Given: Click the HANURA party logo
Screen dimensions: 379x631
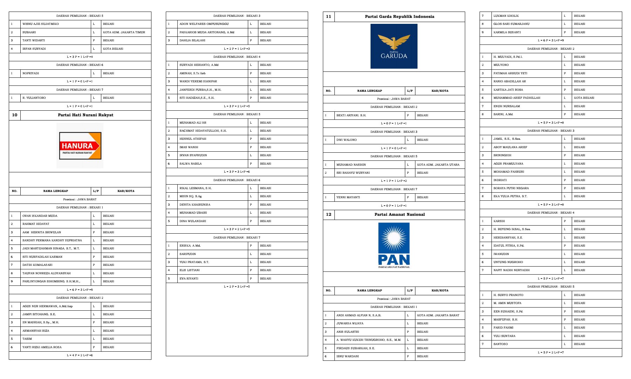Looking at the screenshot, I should coord(80,146).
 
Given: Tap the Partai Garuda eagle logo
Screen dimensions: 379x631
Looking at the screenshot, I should coord(394,46).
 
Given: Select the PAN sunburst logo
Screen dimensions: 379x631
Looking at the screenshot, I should coord(394,245).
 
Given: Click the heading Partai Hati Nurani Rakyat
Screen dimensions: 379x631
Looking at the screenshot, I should coord(86,115).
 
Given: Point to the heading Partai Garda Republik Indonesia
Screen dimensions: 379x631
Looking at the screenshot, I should coord(399,16).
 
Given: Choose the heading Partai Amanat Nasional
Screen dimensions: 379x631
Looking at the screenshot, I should coord(399,214).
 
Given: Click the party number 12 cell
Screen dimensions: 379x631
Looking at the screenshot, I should coord(328,214).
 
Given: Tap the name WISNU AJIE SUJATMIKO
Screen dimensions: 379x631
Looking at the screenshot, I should coord(41,24).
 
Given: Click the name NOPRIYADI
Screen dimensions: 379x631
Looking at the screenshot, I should coord(31,73).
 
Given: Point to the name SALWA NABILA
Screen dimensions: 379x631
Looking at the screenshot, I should coord(191,164).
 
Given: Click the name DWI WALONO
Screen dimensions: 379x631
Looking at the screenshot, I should coord(346,140).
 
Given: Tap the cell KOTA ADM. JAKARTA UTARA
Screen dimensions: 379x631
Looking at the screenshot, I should coord(438,165).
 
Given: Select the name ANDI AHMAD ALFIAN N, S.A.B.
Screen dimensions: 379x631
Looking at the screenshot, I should coord(359,315).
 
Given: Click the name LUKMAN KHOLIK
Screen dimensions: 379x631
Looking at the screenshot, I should coord(506,16).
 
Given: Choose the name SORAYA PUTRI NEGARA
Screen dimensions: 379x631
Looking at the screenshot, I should coord(511,188).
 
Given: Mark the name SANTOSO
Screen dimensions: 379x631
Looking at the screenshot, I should coord(501,344).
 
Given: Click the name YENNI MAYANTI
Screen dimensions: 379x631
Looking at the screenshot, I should coord(348,197).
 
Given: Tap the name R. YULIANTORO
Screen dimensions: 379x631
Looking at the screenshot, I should coord(34,98).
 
